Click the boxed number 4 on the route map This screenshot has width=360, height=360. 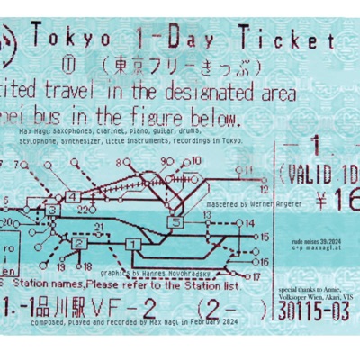point(71,196)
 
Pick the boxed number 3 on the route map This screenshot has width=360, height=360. point(51,210)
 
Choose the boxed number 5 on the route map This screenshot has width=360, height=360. point(177,221)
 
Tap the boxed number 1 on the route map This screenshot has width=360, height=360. point(131,243)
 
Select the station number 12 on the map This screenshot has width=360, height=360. point(264,191)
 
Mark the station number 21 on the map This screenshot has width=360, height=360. point(100,226)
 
